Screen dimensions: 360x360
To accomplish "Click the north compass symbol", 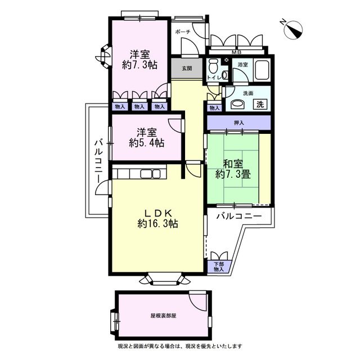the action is pos(292,30).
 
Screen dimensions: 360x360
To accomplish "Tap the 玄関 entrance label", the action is pos(187,68).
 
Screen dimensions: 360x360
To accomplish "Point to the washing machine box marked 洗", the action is pos(260,104).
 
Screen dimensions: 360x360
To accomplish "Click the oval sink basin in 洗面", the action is pos(237,105).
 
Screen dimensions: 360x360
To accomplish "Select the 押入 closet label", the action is pos(238,123).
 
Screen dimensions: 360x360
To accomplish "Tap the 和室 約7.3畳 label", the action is pos(233,169).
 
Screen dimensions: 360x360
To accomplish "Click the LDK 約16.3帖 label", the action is pos(158,218).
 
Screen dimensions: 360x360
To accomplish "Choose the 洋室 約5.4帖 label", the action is pos(146,137).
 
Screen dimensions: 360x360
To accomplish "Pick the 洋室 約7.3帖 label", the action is pos(140,60).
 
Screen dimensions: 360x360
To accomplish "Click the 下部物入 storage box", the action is pos(219,267).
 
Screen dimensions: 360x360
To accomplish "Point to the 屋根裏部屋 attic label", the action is pos(163,316).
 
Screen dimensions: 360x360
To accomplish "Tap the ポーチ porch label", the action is pos(183,31).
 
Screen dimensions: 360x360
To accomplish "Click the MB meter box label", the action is pos(236,52).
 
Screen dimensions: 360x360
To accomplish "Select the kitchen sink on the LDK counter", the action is pos(150,174).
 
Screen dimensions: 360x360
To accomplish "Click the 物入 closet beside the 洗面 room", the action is pos(214,107).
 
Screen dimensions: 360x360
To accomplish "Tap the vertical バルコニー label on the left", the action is pos(99,161).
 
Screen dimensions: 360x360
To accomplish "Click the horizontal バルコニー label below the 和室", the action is pos(239,216).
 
